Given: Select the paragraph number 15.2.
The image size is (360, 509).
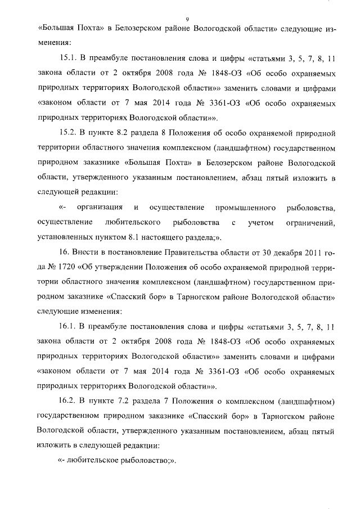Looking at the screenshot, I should point(68,133).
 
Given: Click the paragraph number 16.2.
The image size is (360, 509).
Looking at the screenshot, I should point(68,401).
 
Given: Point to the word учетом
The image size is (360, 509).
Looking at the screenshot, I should point(260,223).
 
